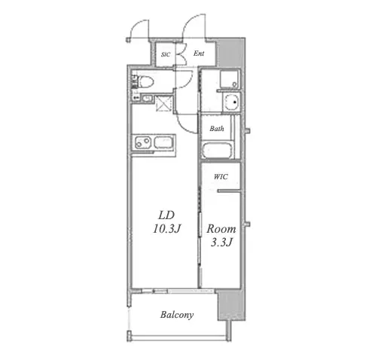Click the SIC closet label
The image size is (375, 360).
(166, 54)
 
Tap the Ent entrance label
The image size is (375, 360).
(199, 53)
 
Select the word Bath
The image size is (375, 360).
(217, 129)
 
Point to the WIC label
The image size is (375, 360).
(221, 177)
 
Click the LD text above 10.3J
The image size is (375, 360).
(166, 215)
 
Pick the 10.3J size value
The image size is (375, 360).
(166, 229)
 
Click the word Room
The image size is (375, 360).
(221, 229)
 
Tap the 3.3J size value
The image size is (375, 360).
(221, 243)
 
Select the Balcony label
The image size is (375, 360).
(177, 315)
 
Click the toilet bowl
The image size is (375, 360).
(146, 82)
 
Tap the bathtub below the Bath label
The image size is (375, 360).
(216, 150)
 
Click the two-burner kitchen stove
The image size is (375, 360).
(143, 143)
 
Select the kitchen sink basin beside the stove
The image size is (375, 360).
(164, 143)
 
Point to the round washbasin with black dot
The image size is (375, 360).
(232, 102)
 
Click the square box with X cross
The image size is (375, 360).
(164, 103)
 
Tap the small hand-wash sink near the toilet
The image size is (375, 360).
(147, 99)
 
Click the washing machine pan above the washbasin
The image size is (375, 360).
(230, 79)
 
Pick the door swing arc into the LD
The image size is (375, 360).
(186, 124)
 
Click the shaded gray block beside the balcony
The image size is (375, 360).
(231, 305)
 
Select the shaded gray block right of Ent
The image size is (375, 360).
(230, 52)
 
